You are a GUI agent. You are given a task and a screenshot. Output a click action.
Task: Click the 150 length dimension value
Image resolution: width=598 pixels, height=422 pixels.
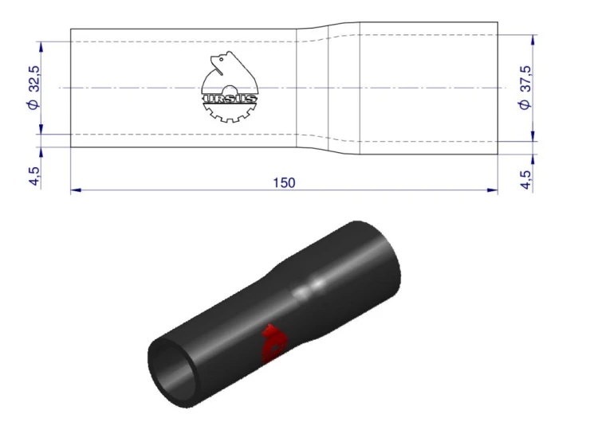click(x=284, y=183)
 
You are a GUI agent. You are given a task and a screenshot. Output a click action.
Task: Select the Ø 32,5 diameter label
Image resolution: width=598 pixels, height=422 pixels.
click(x=34, y=88)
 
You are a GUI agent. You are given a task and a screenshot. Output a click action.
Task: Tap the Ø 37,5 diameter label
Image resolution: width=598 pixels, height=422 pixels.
click(x=525, y=88)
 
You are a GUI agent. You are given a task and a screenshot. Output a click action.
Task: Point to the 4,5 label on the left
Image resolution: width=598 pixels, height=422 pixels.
click(x=34, y=176)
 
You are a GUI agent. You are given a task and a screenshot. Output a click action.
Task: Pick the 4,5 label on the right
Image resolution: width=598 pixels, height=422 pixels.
click(x=525, y=179)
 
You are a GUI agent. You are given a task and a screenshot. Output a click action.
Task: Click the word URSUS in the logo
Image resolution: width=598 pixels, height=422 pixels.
click(x=230, y=99)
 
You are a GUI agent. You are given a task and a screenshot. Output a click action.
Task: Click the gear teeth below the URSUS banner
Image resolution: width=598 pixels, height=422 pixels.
click(x=229, y=113)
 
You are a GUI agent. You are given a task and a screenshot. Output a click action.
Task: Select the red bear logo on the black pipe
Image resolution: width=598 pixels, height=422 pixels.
click(x=273, y=343)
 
